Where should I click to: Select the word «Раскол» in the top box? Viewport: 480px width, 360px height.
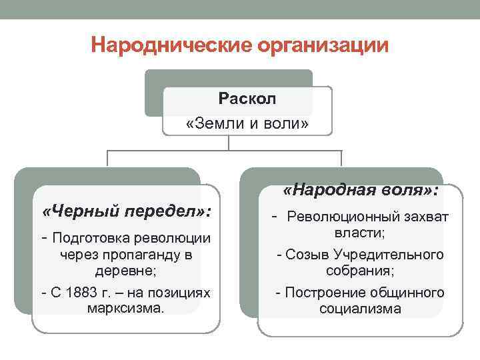pyautogui.click(x=247, y=99)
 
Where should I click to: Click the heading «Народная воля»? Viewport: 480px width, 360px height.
pyautogui.click(x=361, y=191)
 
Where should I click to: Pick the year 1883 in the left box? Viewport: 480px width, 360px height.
pyautogui.click(x=80, y=293)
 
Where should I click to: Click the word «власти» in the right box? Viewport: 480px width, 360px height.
pyautogui.click(x=360, y=233)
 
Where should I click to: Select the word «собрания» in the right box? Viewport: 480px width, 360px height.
pyautogui.click(x=360, y=271)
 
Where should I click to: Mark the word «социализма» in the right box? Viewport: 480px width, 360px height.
pyautogui.click(x=360, y=309)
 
